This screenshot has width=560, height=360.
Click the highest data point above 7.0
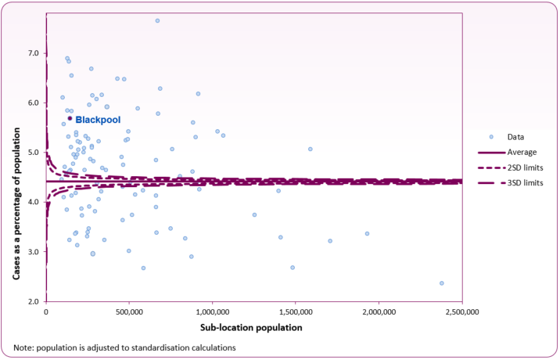(157, 20)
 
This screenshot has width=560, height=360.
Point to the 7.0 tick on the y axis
(34, 53)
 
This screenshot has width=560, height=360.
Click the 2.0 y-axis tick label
(34, 301)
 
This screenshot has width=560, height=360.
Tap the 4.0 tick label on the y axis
(34, 202)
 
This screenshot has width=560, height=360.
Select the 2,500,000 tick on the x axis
(462, 313)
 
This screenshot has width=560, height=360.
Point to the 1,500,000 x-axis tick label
(296, 313)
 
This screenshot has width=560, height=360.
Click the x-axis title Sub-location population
(253, 328)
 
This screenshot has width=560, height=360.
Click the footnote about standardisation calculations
(124, 347)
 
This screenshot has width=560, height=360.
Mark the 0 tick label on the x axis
(46, 313)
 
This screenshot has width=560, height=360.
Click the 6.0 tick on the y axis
(34, 103)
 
